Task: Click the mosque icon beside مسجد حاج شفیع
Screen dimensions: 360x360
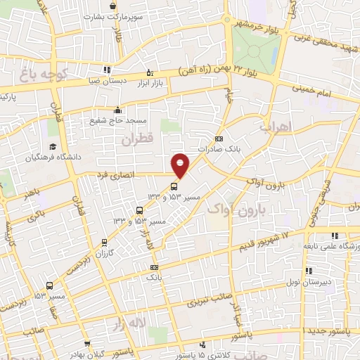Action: [117, 109]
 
